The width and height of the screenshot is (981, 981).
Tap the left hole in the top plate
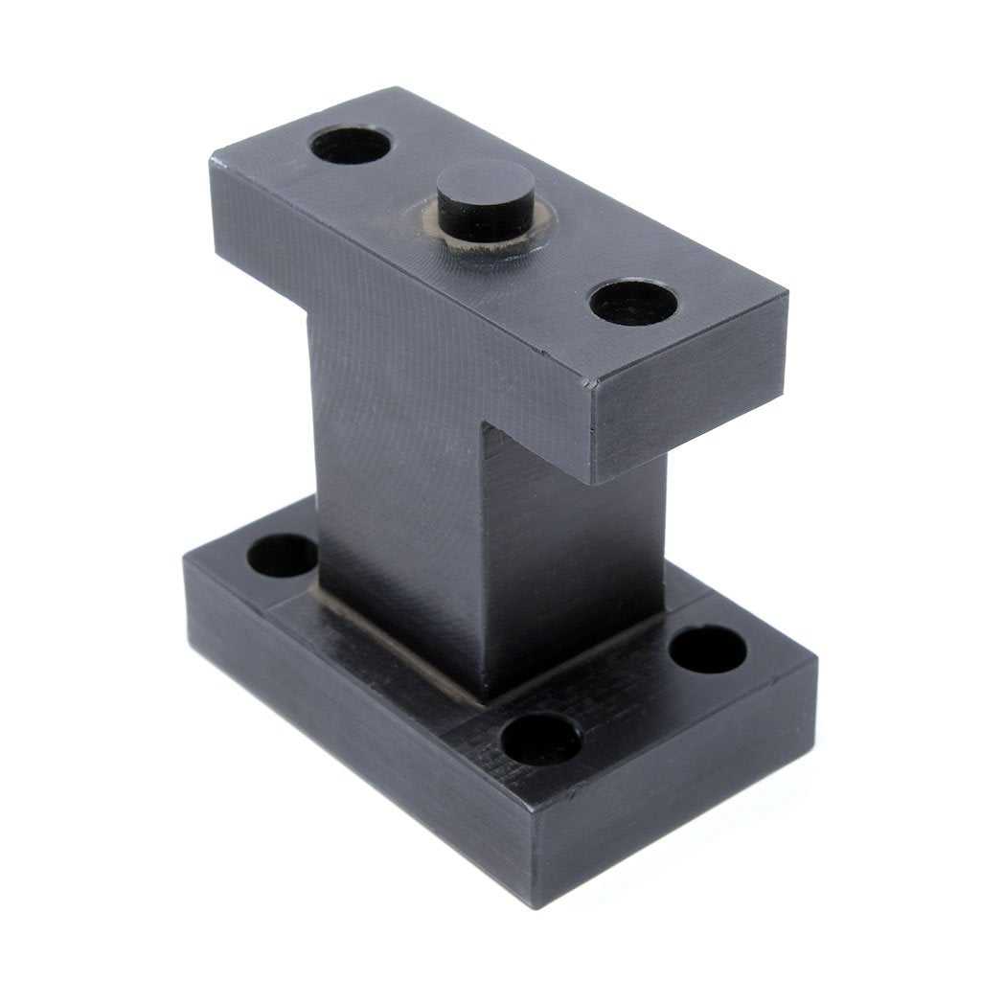click(351, 145)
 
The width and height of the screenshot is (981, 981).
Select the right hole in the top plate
click(632, 302)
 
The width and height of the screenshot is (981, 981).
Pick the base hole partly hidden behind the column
click(283, 556)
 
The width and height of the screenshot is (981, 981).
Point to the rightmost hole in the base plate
click(707, 649)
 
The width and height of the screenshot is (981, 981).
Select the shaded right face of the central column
click(575, 565)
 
